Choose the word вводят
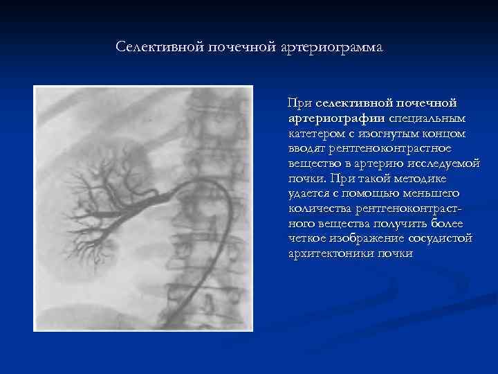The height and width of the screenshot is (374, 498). pos(307,148)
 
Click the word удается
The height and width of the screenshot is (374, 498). pos(309,193)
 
